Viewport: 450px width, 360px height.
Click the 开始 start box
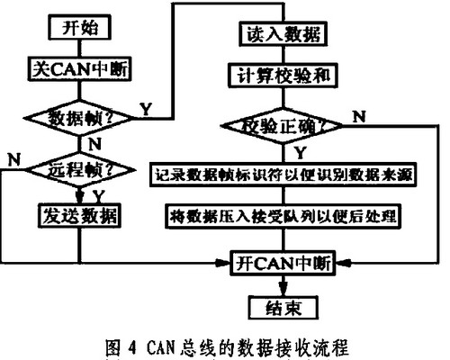80,27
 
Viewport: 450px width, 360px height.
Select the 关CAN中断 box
80,68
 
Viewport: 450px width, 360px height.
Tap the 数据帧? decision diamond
78,118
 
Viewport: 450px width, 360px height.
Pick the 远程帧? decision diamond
80,170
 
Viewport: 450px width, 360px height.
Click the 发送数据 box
79,216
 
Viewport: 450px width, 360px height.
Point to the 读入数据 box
283,33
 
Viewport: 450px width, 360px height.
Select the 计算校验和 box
283,75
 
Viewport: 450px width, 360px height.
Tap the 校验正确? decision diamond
282,126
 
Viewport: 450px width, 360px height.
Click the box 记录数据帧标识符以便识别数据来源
283,175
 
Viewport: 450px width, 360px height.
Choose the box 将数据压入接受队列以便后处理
283,216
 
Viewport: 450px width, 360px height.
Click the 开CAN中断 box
283,264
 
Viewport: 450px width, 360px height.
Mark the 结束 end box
283,308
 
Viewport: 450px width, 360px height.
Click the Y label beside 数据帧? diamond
147,109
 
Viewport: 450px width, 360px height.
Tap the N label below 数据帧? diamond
95,144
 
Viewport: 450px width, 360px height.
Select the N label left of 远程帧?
14,159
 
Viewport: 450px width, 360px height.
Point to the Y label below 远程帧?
99,196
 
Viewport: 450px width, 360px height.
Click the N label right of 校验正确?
359,116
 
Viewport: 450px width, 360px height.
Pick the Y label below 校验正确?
301,153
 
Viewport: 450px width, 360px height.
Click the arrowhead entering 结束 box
283,290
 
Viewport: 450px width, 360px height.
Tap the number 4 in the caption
132,347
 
